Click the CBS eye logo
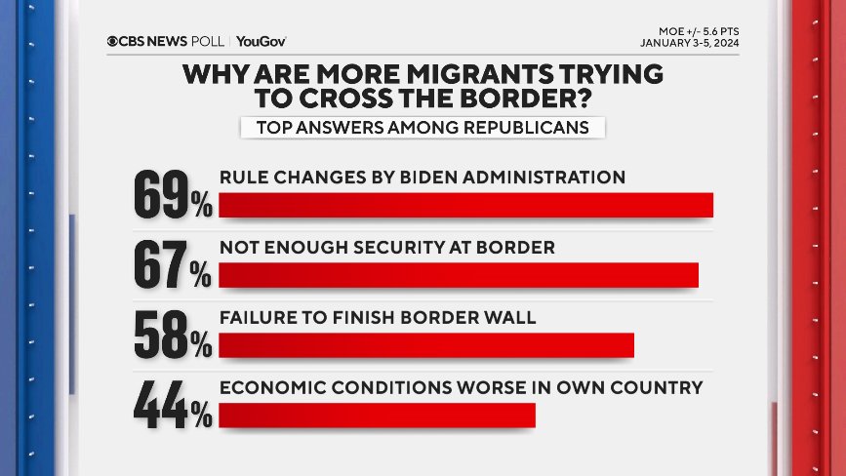[114, 41]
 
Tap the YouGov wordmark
[262, 41]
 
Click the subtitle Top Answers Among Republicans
[423, 128]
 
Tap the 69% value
[173, 195]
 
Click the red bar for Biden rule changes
[466, 205]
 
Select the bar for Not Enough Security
[459, 275]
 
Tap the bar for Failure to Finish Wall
[426, 345]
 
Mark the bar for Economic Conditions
[377, 416]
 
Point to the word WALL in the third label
[511, 318]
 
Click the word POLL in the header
[207, 41]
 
